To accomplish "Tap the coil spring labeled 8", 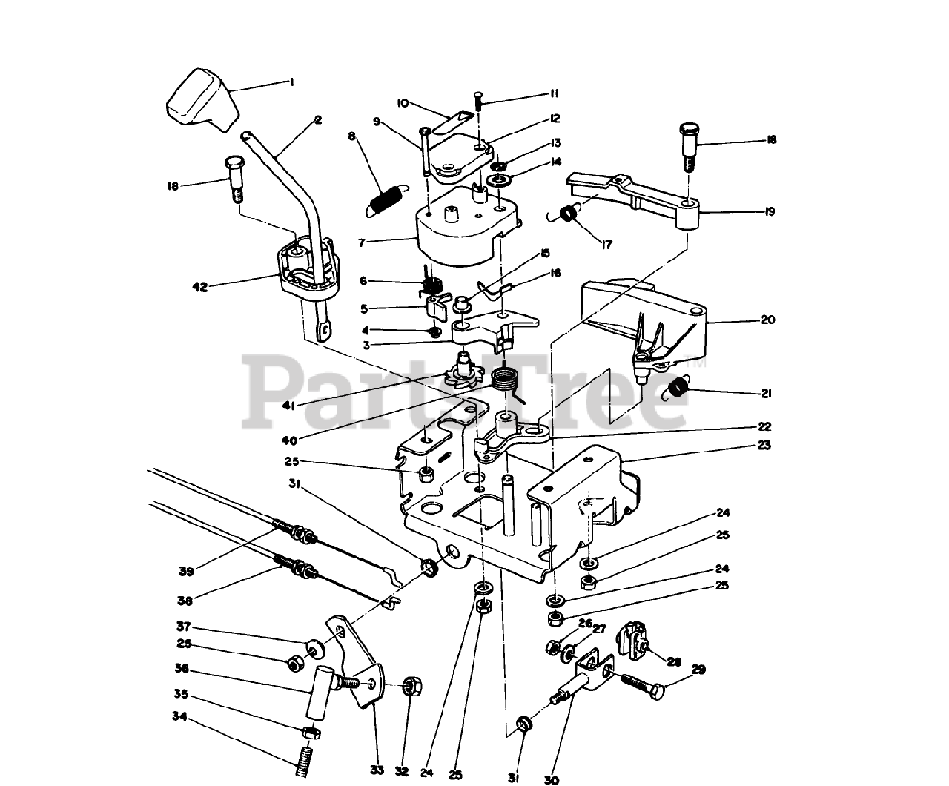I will point(384,199).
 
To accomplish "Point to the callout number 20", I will point(767,320).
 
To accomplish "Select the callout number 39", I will point(185,570).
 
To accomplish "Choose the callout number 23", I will point(764,446).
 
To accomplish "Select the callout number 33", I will point(377,770).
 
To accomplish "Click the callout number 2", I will point(317,119).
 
